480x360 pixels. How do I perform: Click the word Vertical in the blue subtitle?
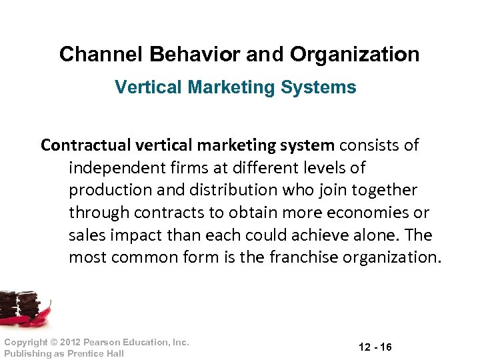pyautogui.click(x=143, y=87)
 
